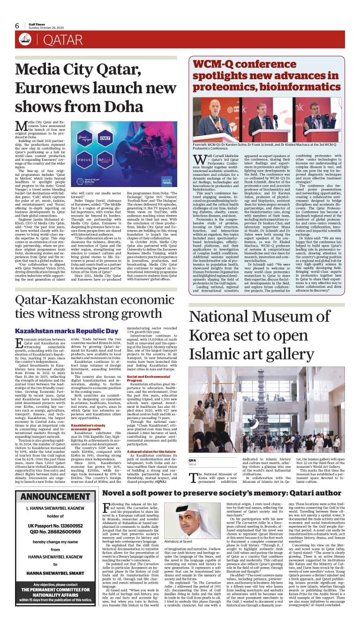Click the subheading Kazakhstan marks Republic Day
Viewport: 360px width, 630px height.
[66, 331]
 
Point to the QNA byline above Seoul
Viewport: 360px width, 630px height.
[193, 460]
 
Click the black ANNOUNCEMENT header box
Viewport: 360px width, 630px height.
[52, 509]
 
